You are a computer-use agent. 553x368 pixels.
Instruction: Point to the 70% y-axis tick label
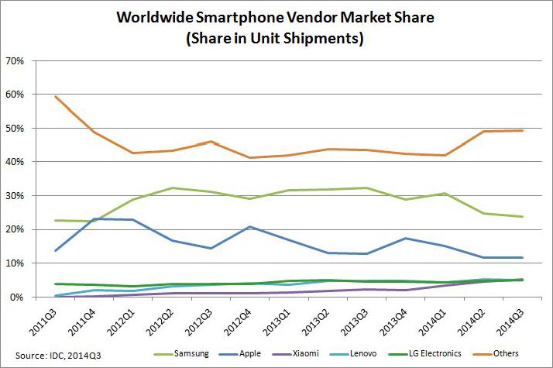click(x=15, y=60)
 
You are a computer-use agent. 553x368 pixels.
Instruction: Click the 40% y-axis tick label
click(x=15, y=162)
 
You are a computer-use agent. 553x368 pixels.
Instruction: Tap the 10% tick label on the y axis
click(x=15, y=263)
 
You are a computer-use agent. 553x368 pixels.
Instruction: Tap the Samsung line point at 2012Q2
click(x=172, y=187)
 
